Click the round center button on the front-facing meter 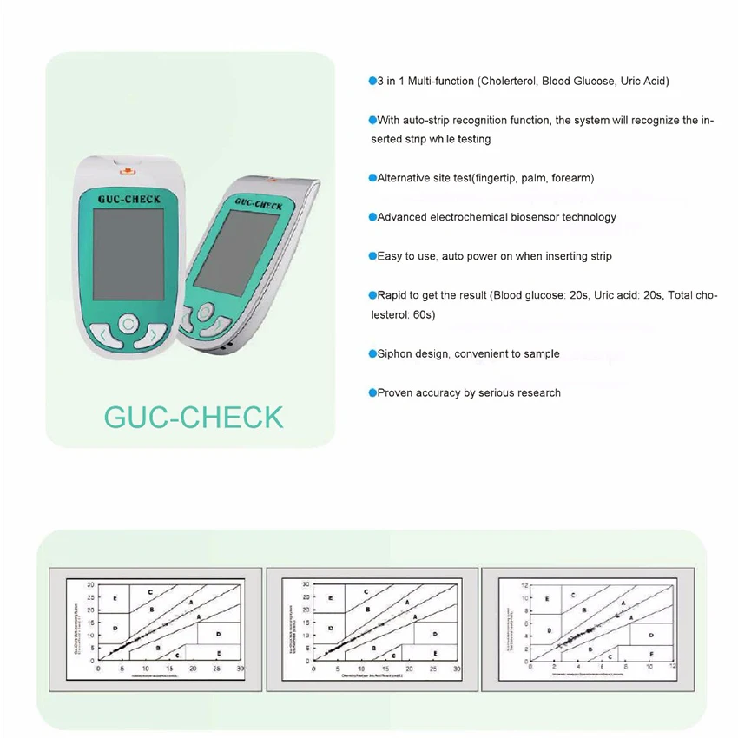128,325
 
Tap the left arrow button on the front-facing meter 102,334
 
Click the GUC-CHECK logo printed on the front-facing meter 128,199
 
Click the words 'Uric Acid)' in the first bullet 644,81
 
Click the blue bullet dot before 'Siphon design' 372,353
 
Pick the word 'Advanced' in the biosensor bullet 402,217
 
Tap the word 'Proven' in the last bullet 395,393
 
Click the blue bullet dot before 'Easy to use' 372,256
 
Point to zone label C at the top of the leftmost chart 150,592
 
